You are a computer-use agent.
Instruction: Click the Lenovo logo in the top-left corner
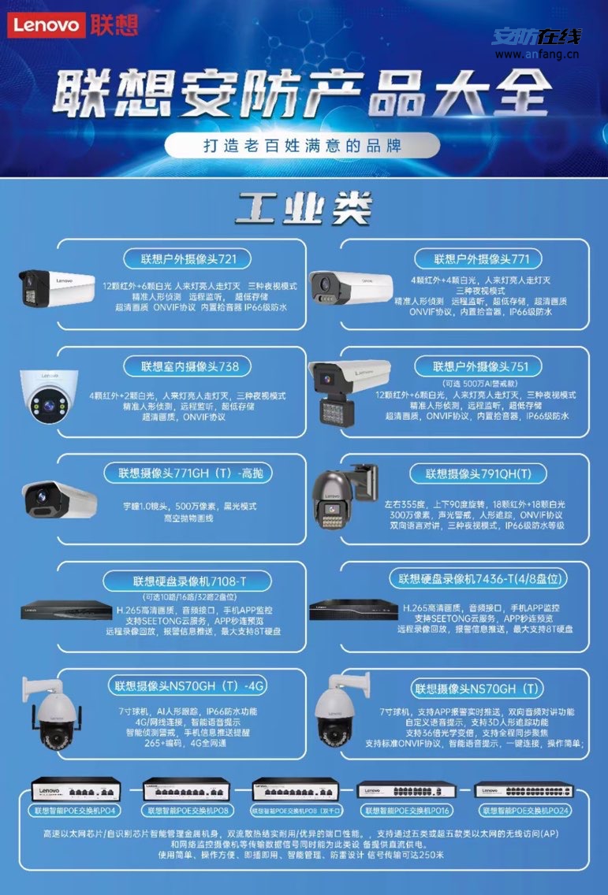tap(46, 25)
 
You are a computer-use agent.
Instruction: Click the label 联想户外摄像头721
tap(185, 258)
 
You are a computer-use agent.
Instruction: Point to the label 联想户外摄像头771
tap(482, 258)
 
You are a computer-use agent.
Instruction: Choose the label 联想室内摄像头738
tap(185, 366)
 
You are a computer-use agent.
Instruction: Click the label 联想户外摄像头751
tap(481, 366)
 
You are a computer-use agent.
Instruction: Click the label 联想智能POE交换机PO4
tap(76, 809)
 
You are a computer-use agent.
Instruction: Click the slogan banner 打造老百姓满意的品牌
tap(303, 146)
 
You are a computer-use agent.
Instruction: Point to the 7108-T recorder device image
tap(65, 610)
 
